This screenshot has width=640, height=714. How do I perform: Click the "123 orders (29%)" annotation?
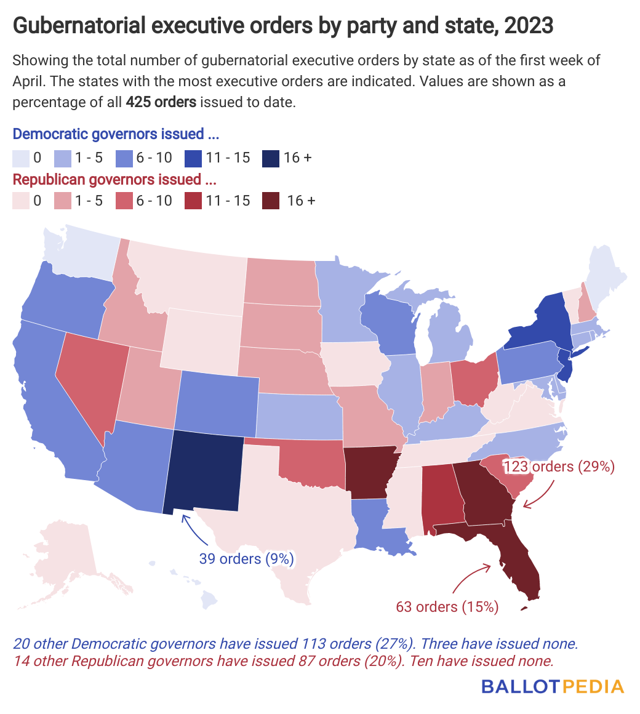559,467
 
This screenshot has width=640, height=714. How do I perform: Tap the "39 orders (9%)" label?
246,559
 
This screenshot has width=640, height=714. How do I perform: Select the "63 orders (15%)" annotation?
447,606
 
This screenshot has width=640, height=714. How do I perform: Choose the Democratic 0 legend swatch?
20,158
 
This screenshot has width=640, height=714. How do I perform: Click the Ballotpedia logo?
552,686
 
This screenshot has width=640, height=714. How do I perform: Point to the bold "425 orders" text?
161,102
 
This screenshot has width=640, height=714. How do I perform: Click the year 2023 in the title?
529,26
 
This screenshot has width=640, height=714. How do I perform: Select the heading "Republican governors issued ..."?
116,180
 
